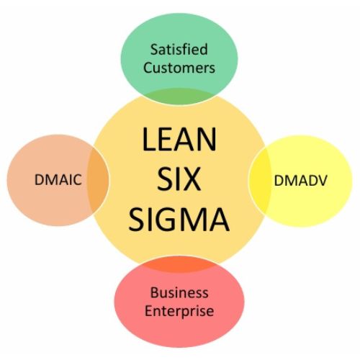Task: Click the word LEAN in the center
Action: (179, 139)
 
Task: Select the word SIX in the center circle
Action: (179, 179)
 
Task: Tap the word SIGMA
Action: (179, 220)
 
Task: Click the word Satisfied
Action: (179, 49)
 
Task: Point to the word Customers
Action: (179, 68)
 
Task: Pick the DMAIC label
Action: (58, 180)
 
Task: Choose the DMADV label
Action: (301, 181)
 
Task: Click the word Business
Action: (179, 292)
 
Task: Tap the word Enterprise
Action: (179, 311)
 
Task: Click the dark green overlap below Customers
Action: (179, 96)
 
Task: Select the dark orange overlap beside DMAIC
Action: (98, 180)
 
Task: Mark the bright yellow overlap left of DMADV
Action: (260, 181)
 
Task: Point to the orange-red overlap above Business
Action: (179, 264)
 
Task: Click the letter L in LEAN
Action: (149, 139)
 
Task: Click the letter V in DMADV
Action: (322, 181)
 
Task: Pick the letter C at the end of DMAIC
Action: (76, 180)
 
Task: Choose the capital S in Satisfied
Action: (154, 50)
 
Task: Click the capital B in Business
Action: (154, 292)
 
